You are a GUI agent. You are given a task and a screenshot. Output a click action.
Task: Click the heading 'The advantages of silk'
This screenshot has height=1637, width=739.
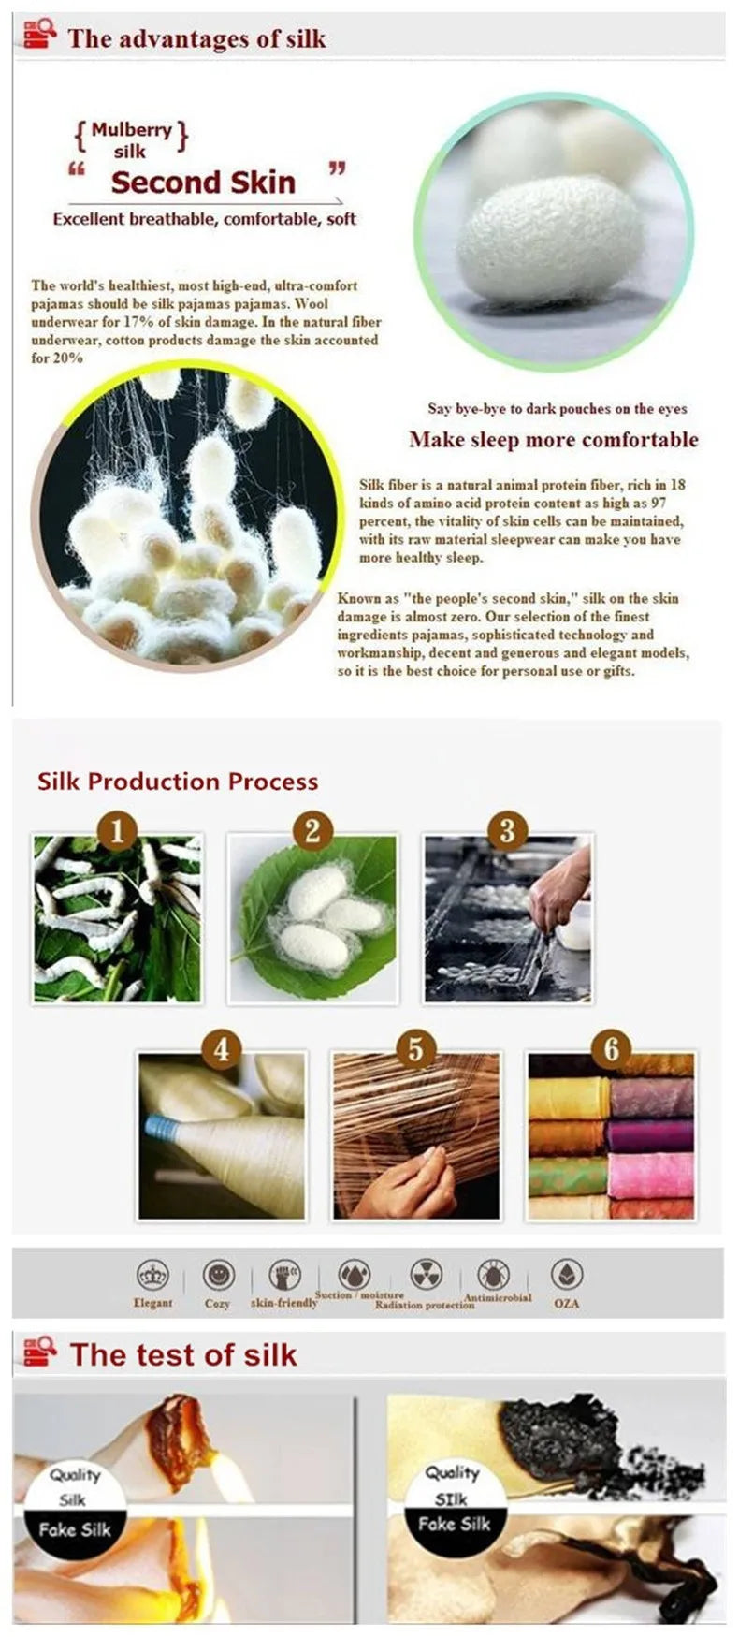pos(196,38)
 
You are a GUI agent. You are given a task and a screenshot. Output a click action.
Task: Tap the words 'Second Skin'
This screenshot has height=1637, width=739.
pos(203,182)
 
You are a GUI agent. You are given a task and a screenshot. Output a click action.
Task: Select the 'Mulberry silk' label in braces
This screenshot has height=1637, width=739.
pos(131,139)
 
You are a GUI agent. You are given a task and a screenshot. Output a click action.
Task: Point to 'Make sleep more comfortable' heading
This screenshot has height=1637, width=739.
pos(554,440)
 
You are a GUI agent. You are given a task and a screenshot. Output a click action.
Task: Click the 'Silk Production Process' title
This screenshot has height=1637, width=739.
pos(178,782)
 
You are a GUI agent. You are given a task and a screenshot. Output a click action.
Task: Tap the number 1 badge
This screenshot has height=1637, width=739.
pos(118,830)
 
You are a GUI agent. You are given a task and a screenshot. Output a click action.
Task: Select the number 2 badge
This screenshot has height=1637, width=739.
pos(312,830)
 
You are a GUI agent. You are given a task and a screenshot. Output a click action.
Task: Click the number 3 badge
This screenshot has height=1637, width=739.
pos(507,830)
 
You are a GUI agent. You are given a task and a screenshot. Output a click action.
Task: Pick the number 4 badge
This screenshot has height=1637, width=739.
pos(222,1049)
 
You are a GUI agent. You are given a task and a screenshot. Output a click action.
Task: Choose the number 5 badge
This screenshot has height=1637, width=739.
pos(416,1049)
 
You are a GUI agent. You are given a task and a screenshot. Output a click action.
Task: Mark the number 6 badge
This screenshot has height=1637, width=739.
pos(611,1049)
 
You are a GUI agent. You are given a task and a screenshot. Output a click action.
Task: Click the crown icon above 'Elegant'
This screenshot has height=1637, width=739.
pos(152,1275)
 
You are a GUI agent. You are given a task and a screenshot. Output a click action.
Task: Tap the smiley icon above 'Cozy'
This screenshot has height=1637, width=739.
pos(218,1275)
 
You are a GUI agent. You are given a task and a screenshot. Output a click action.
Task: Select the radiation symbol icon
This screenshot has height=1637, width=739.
pos(427,1274)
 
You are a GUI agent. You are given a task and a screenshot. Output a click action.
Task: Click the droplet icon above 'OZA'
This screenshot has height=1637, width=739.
pos(567,1275)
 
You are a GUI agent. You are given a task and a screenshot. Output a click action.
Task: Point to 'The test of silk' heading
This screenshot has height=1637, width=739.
pos(183,1354)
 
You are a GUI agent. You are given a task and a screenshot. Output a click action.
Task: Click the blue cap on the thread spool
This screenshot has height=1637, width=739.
pos(159,1126)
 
